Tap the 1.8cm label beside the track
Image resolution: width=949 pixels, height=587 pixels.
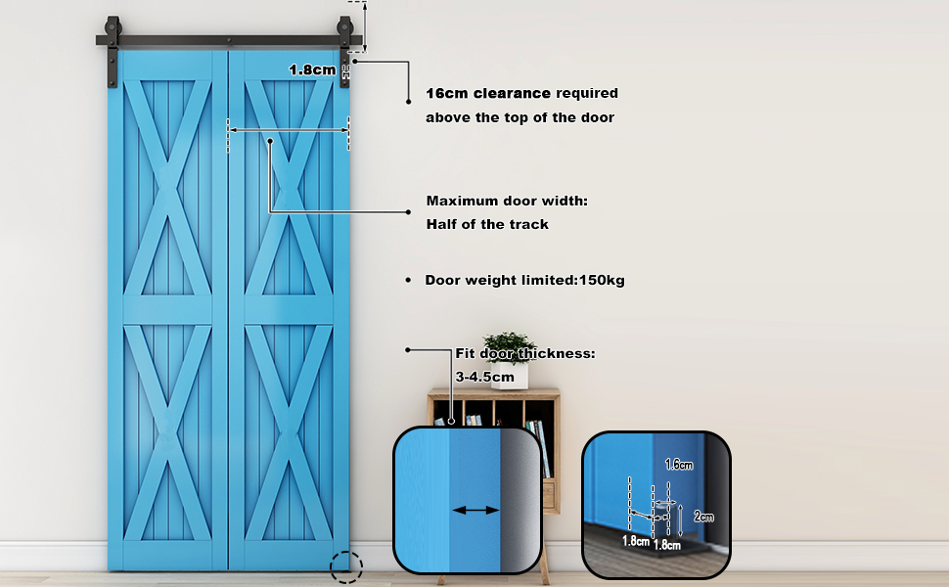pos(312,69)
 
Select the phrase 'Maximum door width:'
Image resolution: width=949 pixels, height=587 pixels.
pos(506,201)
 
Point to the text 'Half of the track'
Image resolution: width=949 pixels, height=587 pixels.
pos(487,224)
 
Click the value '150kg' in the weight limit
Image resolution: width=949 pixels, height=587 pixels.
pos(602,281)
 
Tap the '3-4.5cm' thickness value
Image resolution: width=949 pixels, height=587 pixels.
pos(484,376)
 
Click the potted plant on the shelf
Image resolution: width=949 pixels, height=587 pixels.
pos(509,347)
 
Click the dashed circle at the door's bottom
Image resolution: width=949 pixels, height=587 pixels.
pos(346,566)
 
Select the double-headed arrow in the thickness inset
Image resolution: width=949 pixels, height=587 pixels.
pos(476,510)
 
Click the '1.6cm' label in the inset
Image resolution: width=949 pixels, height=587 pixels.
pos(679,465)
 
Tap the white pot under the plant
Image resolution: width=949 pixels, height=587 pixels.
pos(510,376)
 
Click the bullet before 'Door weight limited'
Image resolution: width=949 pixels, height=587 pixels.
pos(408,281)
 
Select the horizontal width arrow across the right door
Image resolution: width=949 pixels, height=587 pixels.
pos(289,128)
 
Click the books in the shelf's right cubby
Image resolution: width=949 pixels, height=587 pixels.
pos(535,433)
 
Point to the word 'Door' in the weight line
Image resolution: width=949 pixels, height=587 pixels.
pos(441,281)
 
